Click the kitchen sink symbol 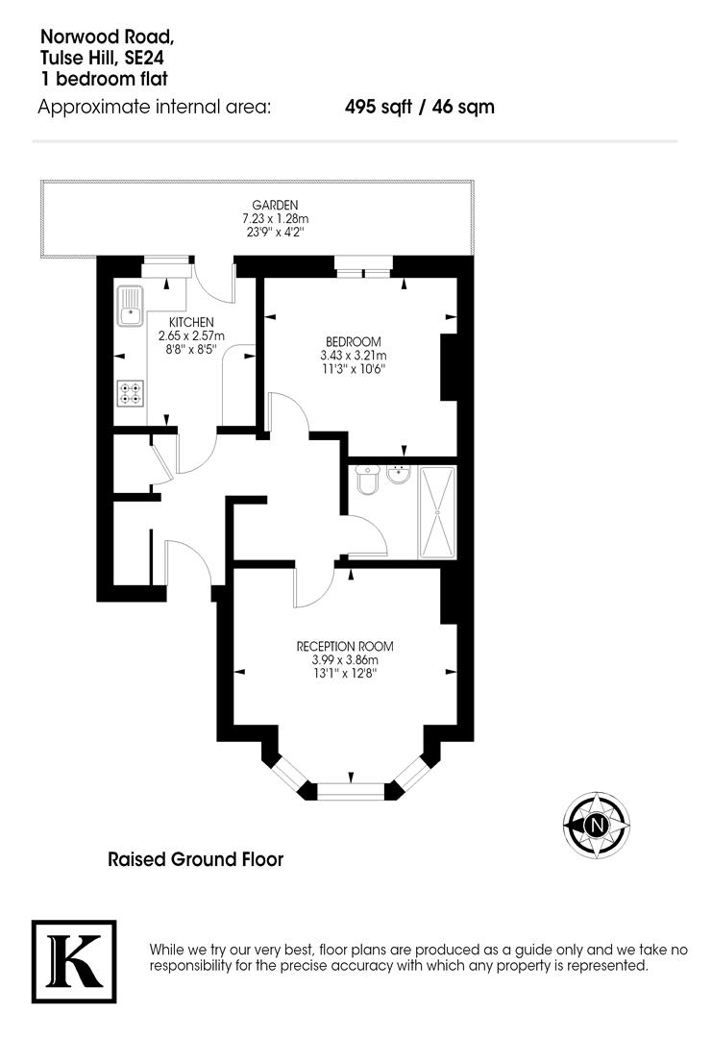pos(129,306)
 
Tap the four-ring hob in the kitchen pos(130,394)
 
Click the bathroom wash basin pos(399,476)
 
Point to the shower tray pos(440,511)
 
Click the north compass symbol pos(596,825)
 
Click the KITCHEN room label pos(191,321)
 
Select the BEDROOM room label pos(354,341)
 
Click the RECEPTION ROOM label pos(345,646)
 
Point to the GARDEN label pos(275,205)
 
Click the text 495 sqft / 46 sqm pos(420,107)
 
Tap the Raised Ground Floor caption pos(195,858)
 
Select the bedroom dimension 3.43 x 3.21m pos(353,355)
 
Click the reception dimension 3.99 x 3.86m pos(345,660)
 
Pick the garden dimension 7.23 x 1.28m pos(275,218)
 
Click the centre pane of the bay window pos(350,791)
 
